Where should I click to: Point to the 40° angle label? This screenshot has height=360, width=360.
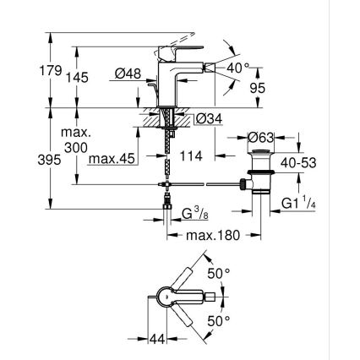(242, 66)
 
